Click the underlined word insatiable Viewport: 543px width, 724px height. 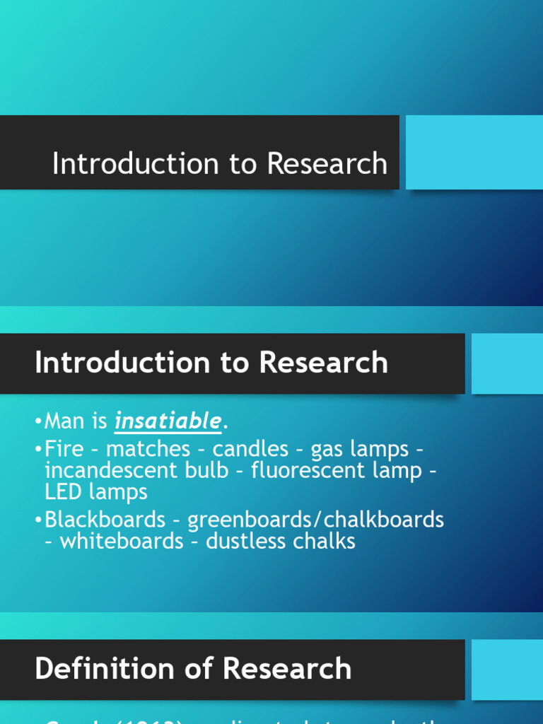click(x=168, y=421)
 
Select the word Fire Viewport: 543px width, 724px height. click(x=63, y=449)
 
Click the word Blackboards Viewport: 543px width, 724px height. click(x=104, y=520)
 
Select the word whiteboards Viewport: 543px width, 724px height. click(x=122, y=542)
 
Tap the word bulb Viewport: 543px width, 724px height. click(x=206, y=471)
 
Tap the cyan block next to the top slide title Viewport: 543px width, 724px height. click(x=474, y=152)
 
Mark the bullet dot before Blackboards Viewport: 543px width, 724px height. click(x=38, y=520)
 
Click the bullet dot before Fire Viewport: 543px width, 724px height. click(x=38, y=450)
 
